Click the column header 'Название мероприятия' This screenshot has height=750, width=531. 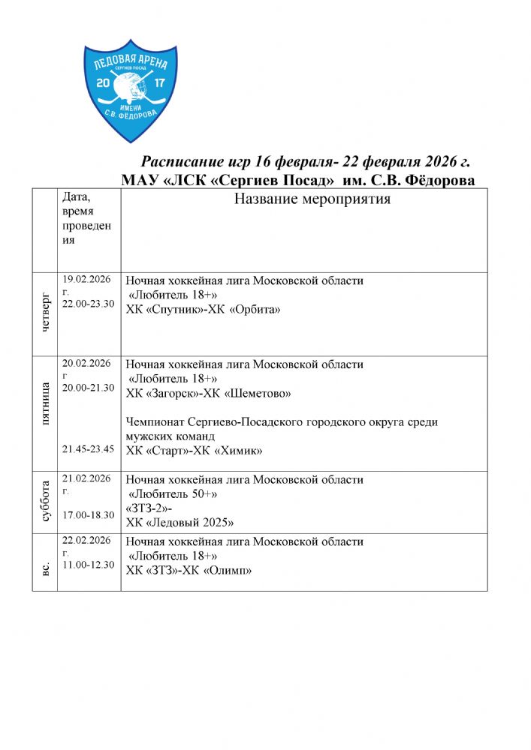tap(312, 199)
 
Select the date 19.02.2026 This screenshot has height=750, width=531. tap(87, 279)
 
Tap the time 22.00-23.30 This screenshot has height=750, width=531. tap(89, 303)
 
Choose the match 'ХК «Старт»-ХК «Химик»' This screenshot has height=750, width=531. tap(199, 450)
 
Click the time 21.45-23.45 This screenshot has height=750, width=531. tap(89, 448)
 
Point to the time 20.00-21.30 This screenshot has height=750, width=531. tap(89, 388)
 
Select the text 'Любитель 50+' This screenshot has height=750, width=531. tap(174, 493)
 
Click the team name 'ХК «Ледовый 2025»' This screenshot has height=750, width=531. tap(180, 522)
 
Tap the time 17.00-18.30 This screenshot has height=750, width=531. tap(89, 514)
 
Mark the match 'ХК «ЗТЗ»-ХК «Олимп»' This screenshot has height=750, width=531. tap(188, 570)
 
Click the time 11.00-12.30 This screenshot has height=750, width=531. tap(89, 564)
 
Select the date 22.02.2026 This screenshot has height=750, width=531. tap(87, 540)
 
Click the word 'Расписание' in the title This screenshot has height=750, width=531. tap(180, 163)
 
